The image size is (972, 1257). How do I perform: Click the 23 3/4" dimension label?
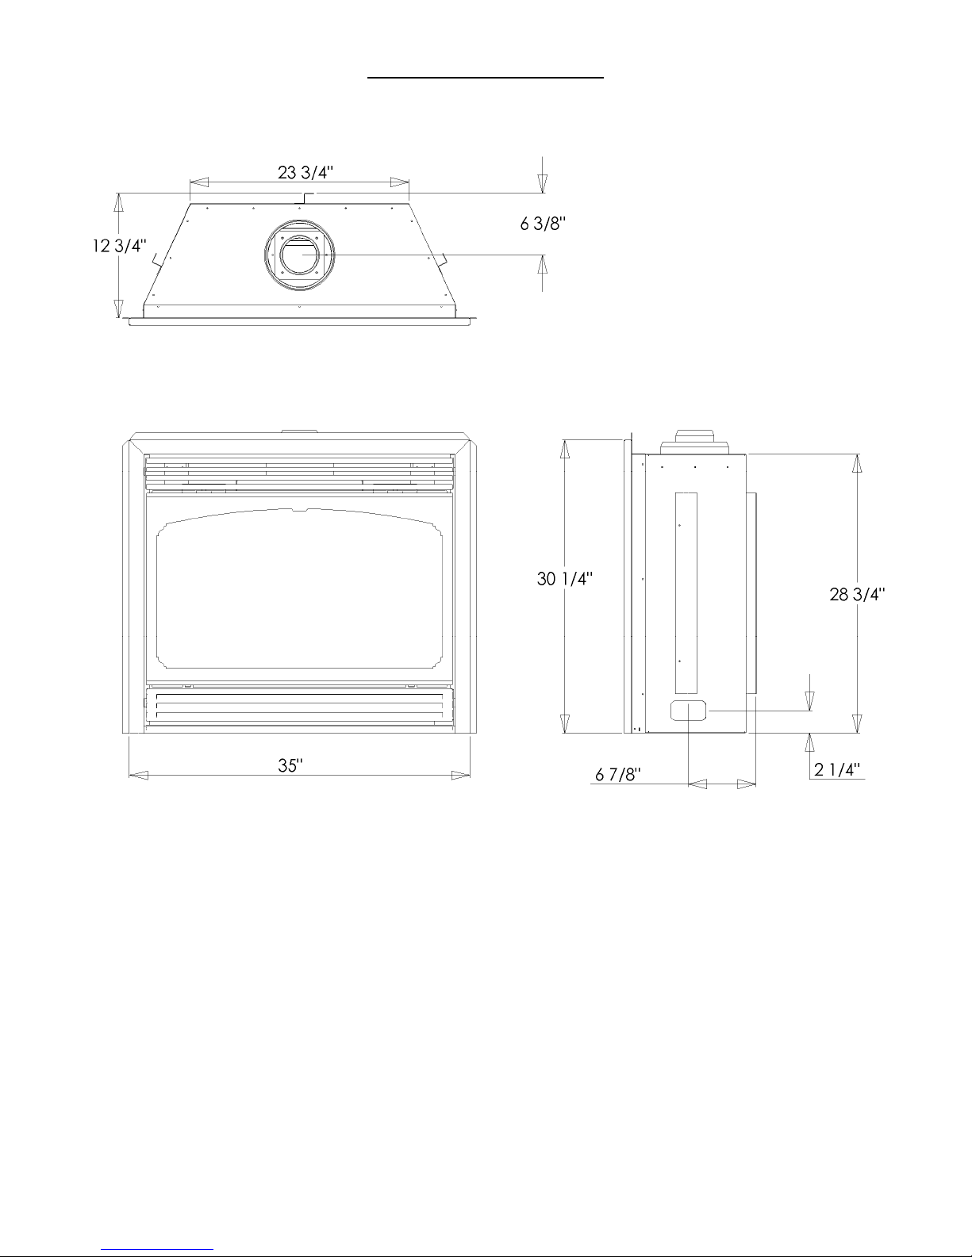(305, 172)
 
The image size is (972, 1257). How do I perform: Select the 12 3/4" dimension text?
(120, 246)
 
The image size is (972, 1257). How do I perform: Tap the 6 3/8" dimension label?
(543, 224)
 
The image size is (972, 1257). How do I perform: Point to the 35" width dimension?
(290, 765)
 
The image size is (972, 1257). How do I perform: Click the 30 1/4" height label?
(565, 578)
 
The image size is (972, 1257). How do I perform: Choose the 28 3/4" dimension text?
(858, 594)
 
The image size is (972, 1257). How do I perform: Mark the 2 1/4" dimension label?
(837, 769)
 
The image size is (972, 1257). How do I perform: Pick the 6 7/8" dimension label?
(618, 774)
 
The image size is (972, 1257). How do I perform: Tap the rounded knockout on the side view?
(689, 711)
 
